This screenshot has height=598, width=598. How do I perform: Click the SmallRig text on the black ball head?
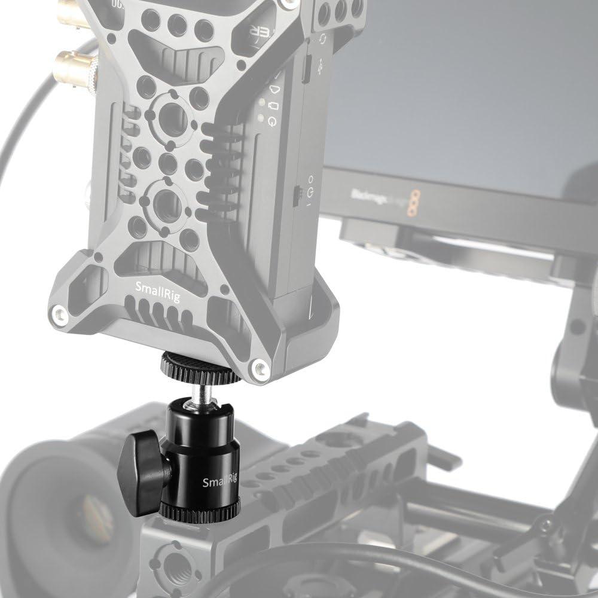218,482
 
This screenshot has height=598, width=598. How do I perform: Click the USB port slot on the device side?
304,70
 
